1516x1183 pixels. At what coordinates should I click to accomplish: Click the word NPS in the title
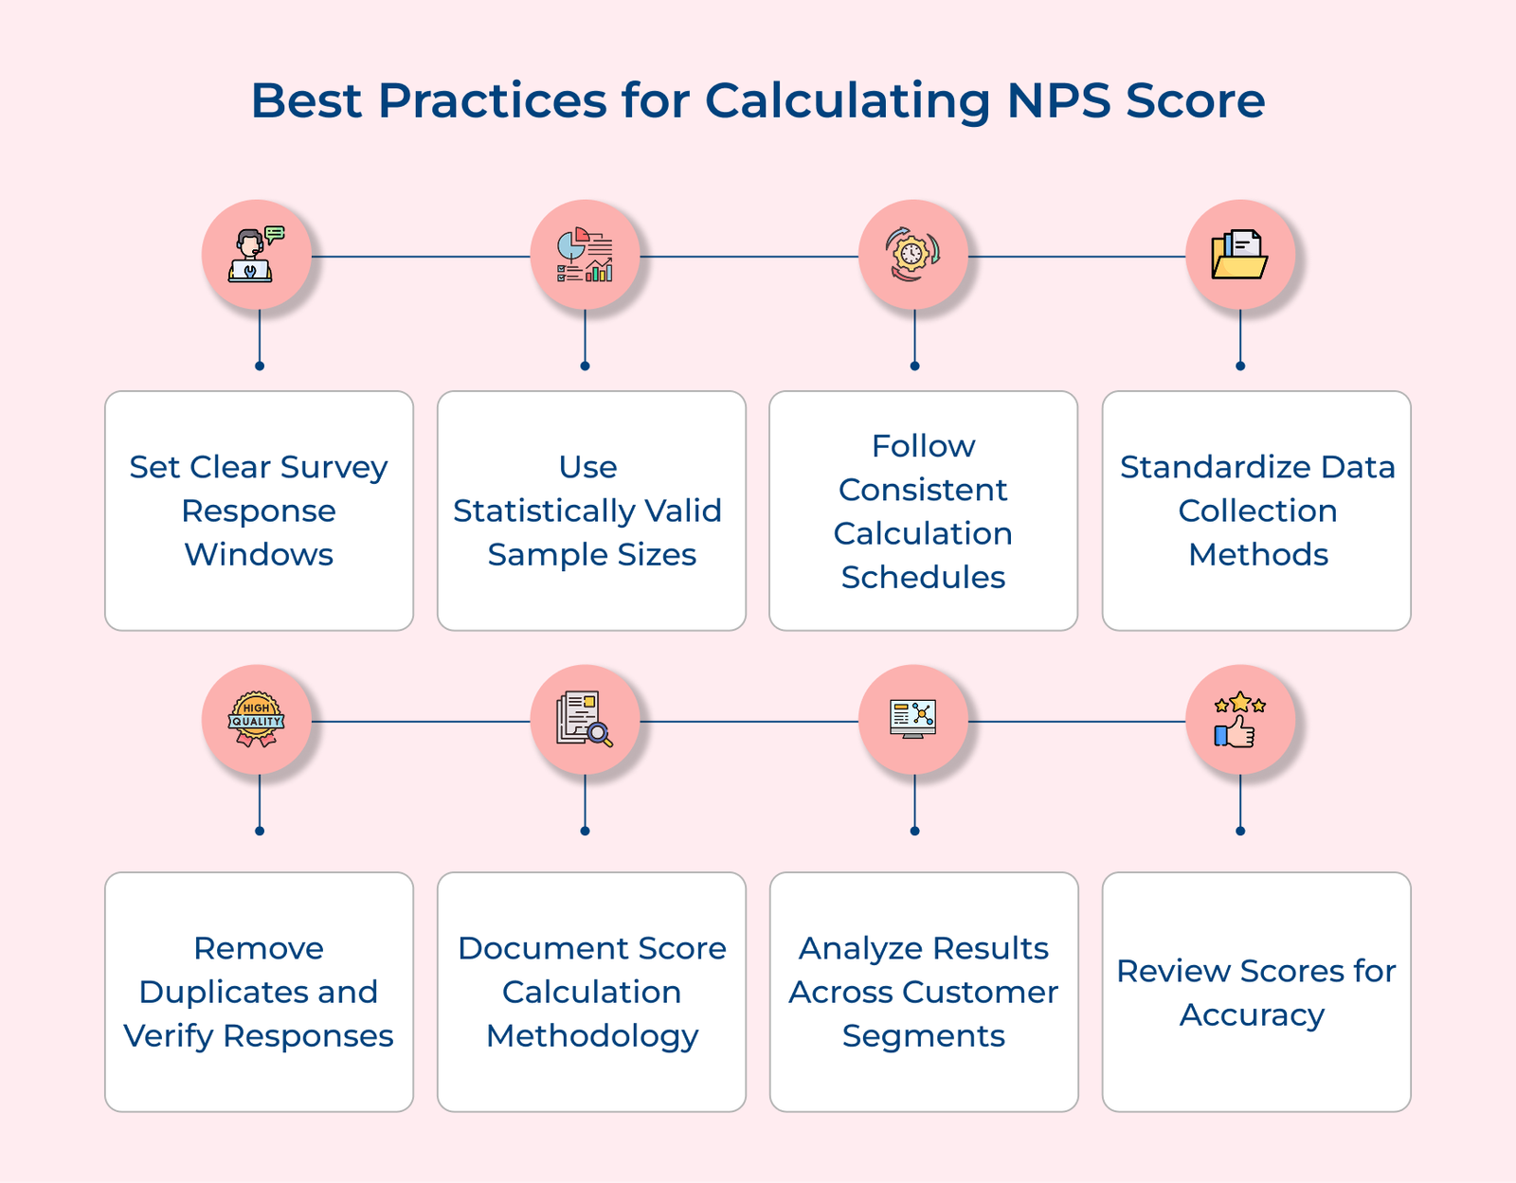[1058, 100]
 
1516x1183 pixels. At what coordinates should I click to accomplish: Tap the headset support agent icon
[256, 255]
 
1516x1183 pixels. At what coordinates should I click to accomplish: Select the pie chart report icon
[585, 255]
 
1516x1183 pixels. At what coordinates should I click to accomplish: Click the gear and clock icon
[912, 255]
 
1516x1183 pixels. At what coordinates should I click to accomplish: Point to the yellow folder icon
[1239, 255]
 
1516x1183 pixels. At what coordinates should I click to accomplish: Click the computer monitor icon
[912, 719]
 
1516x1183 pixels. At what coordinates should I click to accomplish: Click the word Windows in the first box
[259, 554]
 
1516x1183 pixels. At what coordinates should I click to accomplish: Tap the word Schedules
[923, 577]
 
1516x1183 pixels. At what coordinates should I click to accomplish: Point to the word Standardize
[1196, 467]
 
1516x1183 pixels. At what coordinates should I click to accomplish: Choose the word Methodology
[592, 1036]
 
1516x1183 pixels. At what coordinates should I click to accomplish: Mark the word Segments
[923, 1036]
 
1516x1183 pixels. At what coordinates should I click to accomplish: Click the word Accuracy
[1252, 1014]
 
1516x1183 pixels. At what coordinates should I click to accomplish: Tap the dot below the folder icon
[1240, 366]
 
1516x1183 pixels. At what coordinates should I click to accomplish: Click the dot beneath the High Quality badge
[260, 831]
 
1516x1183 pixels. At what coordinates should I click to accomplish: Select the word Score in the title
[1196, 100]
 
